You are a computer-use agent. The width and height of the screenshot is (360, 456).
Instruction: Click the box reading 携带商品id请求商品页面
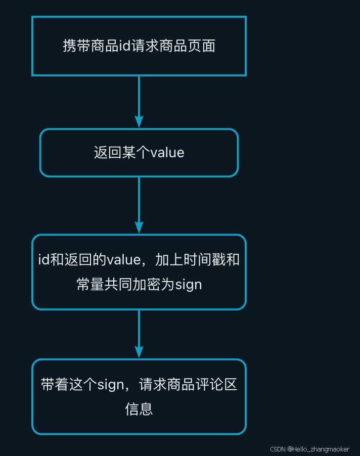click(139, 46)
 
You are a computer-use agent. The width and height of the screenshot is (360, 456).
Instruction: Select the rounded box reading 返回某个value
click(139, 153)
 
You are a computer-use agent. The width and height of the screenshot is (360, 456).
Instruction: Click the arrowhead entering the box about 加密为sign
click(139, 227)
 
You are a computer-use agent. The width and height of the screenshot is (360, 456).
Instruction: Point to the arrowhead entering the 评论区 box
click(139, 352)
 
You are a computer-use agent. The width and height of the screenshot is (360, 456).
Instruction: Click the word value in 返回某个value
click(167, 153)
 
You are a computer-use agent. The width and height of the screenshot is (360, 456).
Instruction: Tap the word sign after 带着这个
click(110, 385)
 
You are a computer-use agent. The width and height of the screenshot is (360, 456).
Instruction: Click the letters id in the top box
click(124, 47)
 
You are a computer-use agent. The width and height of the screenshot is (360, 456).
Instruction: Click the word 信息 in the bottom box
click(139, 409)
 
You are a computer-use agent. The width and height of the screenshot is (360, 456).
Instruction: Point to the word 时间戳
click(204, 260)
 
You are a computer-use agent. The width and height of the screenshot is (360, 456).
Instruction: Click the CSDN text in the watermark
click(278, 449)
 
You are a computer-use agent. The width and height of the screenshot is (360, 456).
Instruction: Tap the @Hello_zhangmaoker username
click(319, 449)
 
